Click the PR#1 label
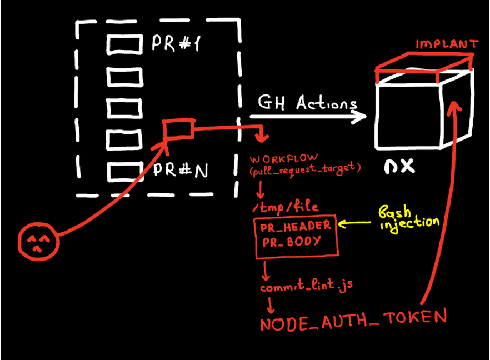(x=176, y=43)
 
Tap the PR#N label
(x=181, y=169)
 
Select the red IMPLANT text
(x=447, y=44)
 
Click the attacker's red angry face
(x=38, y=242)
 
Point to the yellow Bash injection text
(x=409, y=218)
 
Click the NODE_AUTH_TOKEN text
(x=354, y=319)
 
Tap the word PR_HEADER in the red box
(x=296, y=226)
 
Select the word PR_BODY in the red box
(x=292, y=242)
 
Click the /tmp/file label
(x=286, y=207)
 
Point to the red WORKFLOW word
(x=284, y=158)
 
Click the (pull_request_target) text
(x=306, y=169)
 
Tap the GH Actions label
(x=308, y=103)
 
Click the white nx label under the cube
(x=399, y=166)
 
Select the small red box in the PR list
(x=178, y=128)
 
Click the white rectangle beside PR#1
(x=124, y=44)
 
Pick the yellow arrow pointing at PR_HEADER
(x=354, y=223)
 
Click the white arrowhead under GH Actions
(x=359, y=117)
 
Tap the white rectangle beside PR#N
(x=124, y=172)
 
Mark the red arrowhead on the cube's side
(x=454, y=106)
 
